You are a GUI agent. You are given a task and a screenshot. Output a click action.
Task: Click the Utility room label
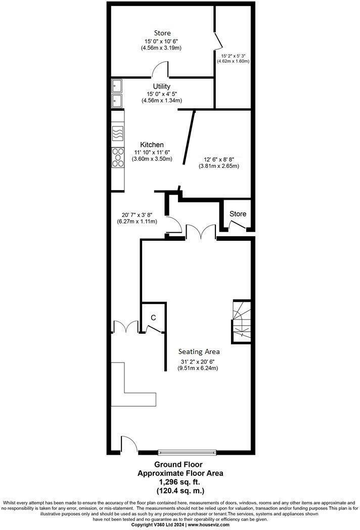[x=162, y=86]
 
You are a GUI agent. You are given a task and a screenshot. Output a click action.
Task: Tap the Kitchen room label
[x=152, y=145]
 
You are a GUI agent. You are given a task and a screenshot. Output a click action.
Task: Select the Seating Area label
[x=199, y=351]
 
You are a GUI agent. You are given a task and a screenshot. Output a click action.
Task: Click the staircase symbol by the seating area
[x=241, y=320]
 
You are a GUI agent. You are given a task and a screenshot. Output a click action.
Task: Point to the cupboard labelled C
[x=153, y=317]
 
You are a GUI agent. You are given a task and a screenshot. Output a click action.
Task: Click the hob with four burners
[x=118, y=157]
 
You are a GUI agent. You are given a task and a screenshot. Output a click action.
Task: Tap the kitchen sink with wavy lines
[x=117, y=134]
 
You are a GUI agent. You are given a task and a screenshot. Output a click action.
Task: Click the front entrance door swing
[x=129, y=444]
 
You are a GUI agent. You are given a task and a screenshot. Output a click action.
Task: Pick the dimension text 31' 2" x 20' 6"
[x=199, y=362]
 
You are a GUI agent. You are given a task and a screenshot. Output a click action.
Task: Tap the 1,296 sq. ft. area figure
[x=180, y=482]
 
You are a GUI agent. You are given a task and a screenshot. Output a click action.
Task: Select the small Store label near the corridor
[x=238, y=214]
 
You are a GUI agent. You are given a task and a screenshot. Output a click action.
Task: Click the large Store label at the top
[x=162, y=33]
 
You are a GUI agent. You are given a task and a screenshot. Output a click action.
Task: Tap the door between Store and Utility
[x=161, y=70]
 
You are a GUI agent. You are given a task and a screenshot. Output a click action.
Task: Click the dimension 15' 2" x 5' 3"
[x=233, y=56]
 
